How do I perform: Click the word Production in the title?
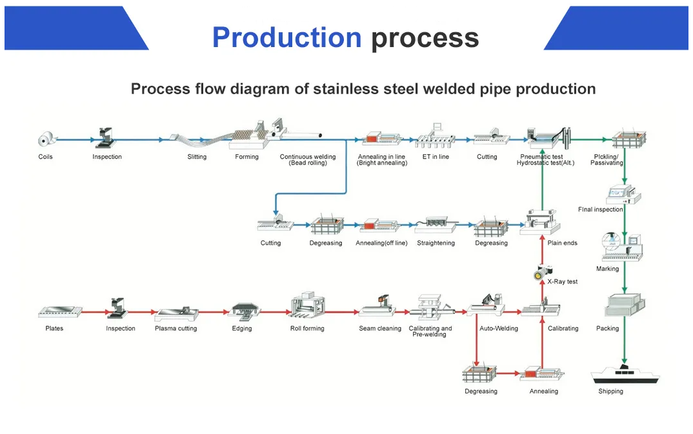pos(286,37)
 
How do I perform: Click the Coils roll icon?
pos(46,139)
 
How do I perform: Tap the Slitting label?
pos(197,157)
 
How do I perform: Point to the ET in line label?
pos(436,157)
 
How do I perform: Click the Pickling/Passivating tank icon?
pos(628,138)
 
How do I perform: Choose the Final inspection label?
pos(600,209)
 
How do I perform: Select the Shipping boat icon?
pos(625,374)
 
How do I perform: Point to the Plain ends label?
pos(562,243)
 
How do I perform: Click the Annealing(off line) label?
pos(381,243)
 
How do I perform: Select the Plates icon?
pos(59,311)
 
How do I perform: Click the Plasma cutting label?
pos(176,328)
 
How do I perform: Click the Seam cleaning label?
pos(380,328)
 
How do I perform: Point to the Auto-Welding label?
pos(499,328)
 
